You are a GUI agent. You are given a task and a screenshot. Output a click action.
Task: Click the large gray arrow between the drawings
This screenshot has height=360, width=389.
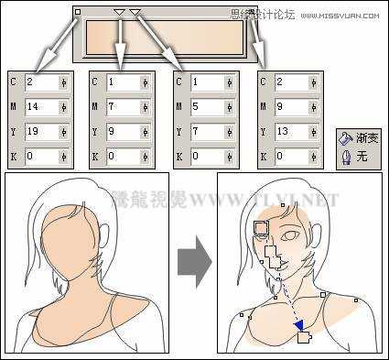point(193,262)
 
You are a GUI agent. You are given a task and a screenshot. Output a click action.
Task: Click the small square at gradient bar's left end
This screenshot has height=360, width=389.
point(78,13)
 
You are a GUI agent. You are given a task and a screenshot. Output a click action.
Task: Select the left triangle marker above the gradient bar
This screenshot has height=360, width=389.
point(119,12)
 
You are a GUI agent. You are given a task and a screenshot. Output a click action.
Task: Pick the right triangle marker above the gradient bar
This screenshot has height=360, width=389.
point(135,12)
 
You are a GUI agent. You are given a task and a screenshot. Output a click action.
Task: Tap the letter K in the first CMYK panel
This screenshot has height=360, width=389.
point(14,157)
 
